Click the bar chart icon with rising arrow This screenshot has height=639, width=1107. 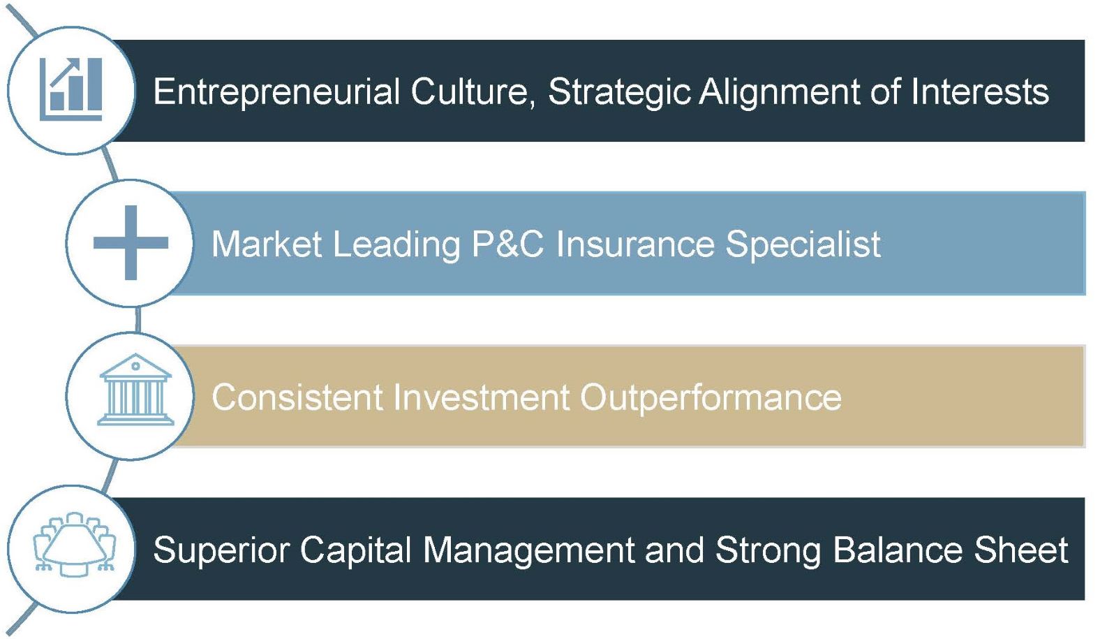pos(70,89)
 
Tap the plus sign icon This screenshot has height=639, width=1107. pos(131,243)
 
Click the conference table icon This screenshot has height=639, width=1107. pos(74,545)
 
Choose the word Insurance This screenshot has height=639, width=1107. pos(635,244)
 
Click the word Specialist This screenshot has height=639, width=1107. pos(803,244)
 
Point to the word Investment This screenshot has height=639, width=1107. pos(482,397)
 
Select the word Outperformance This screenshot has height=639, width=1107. pos(711,397)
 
